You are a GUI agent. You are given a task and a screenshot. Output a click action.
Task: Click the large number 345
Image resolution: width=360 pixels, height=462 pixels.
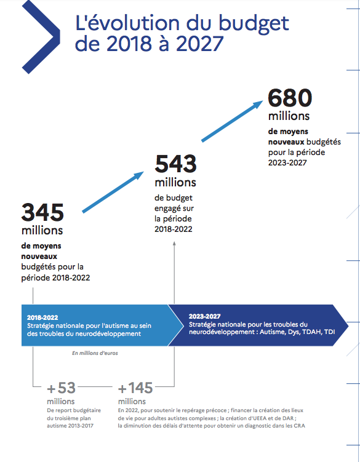click(42, 212)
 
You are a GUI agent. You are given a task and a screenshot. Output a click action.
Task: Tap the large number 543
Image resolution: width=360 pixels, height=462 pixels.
click(175, 164)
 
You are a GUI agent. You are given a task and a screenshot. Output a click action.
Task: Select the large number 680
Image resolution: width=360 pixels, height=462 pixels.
click(290, 98)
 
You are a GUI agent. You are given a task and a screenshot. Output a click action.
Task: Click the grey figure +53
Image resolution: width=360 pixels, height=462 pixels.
click(62, 388)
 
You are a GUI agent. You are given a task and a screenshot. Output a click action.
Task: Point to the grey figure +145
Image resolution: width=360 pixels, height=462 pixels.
click(135, 388)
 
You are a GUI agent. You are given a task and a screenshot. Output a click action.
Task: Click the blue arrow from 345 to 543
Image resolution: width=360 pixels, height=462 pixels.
click(113, 192)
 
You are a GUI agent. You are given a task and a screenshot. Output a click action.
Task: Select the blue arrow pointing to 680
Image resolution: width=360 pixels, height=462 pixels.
click(232, 121)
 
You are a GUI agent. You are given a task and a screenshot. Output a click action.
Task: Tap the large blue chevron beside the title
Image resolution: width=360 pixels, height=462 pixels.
click(41, 37)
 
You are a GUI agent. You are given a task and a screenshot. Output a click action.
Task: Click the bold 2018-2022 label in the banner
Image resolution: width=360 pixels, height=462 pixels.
click(42, 317)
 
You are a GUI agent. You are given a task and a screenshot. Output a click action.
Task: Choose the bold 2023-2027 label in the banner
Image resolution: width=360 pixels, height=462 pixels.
click(205, 316)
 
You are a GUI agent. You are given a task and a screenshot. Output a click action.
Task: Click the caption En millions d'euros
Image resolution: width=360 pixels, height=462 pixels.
click(95, 353)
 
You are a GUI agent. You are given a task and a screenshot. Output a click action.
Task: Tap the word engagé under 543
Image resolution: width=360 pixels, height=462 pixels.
click(174, 209)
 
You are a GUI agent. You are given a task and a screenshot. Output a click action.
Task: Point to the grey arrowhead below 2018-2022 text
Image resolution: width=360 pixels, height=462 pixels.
click(174, 244)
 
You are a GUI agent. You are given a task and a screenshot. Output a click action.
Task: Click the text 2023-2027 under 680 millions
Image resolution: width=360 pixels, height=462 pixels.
click(287, 162)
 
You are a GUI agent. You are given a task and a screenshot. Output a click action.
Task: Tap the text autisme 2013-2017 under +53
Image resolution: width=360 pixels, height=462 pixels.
click(70, 426)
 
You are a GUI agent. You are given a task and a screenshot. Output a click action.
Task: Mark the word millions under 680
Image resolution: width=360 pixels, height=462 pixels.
click(289, 116)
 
